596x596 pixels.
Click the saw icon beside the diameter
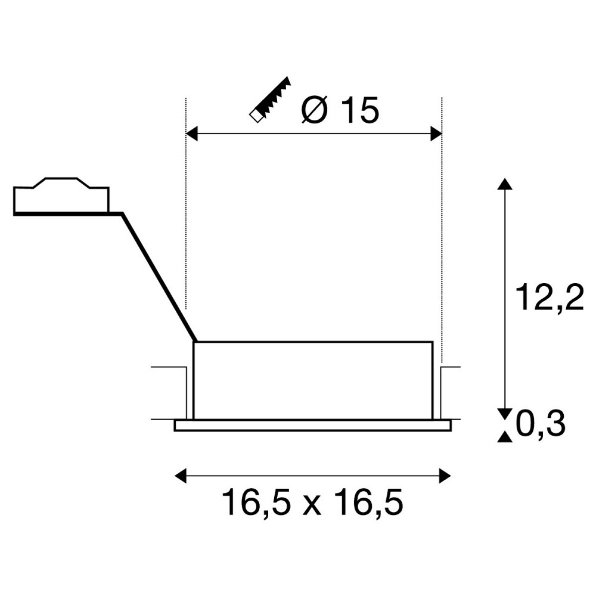click(270, 99)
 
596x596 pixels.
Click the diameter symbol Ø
click(314, 111)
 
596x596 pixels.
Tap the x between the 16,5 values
click(312, 505)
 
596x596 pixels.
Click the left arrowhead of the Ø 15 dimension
click(191, 134)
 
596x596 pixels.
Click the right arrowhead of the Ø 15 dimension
click(436, 134)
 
